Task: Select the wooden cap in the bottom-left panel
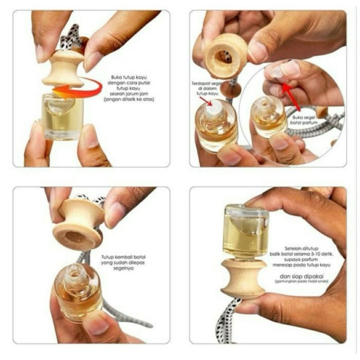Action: (x=77, y=223)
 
